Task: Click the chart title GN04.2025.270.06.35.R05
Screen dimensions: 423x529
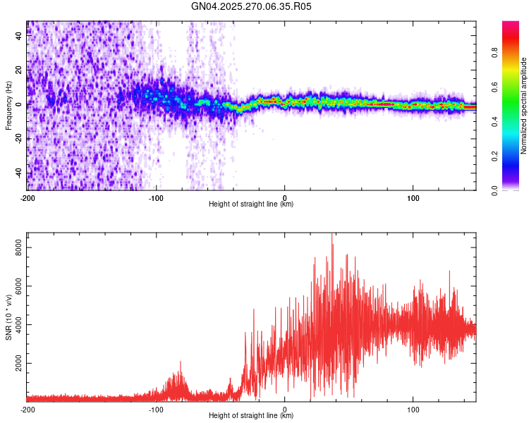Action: coord(252,6)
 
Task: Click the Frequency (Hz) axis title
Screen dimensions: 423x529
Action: coord(8,105)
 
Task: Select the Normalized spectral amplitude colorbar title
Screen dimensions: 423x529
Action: coord(524,106)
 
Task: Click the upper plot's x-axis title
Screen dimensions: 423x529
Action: coord(251,204)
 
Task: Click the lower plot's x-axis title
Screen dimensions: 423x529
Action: coord(251,415)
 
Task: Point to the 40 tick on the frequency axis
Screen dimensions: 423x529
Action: coord(19,36)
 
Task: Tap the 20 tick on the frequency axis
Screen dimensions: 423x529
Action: coord(19,70)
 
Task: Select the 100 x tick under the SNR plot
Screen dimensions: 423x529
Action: coord(413,409)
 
